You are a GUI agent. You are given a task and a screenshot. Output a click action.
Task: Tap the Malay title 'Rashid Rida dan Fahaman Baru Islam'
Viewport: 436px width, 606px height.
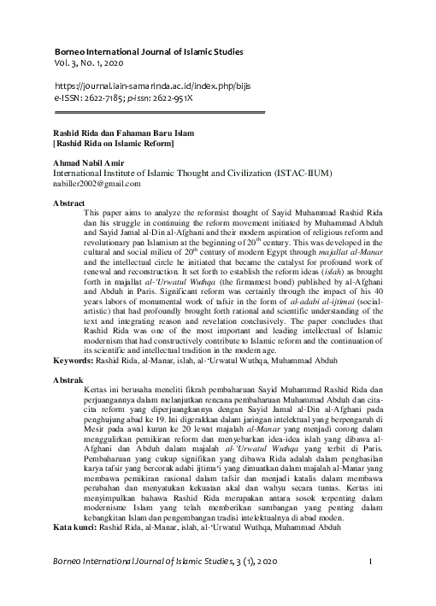[124, 134]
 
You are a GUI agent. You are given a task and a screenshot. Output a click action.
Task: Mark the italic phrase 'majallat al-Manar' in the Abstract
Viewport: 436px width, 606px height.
[345, 255]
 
